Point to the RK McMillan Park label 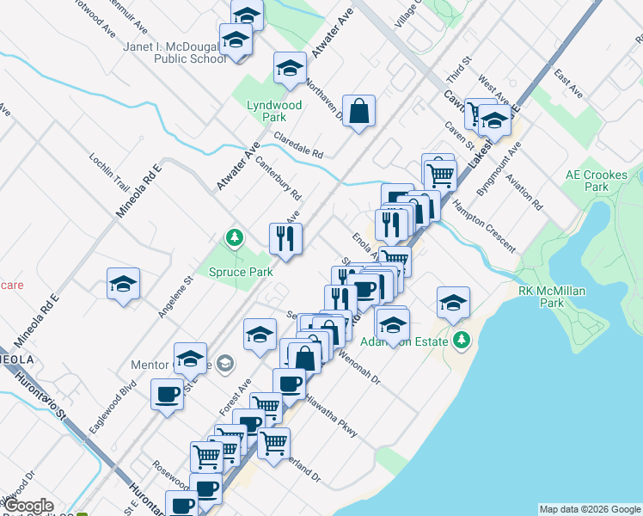[551, 297]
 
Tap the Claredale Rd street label [298, 144]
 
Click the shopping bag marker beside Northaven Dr [359, 111]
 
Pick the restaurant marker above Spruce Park [285, 239]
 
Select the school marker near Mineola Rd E [123, 284]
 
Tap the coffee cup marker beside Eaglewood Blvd [167, 395]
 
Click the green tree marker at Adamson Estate [462, 341]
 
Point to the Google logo [28, 507]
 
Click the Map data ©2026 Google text [590, 509]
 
